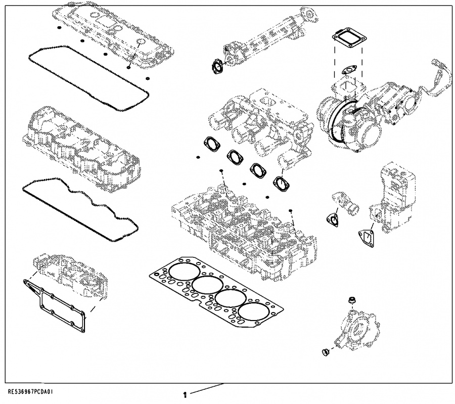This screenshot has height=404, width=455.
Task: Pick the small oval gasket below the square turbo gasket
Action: [x=348, y=70]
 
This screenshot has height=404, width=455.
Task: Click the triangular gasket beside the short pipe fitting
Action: [x=331, y=218]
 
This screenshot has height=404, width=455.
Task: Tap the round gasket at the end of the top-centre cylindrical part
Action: [x=216, y=66]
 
